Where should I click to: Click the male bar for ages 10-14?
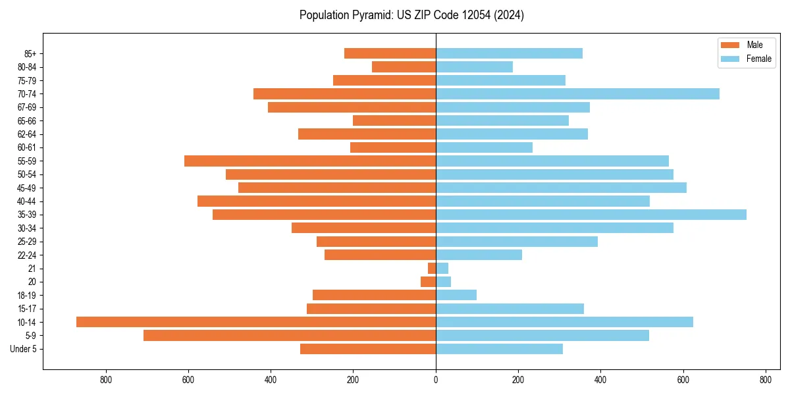tap(256, 322)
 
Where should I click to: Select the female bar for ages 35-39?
tap(591, 215)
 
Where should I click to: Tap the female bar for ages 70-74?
tap(577, 94)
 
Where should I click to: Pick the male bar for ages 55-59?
tap(310, 161)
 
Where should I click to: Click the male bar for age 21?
tap(432, 269)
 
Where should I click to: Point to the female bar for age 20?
tap(443, 282)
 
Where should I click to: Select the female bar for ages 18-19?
tap(456, 295)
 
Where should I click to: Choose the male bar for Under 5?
tap(368, 349)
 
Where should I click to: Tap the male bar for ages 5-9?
tap(290, 335)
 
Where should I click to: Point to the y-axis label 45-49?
tap(26, 188)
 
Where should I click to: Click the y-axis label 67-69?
tap(26, 107)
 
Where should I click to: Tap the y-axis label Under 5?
tap(24, 349)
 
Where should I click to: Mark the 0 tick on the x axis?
tap(436, 380)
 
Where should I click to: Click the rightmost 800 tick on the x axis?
tap(765, 380)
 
